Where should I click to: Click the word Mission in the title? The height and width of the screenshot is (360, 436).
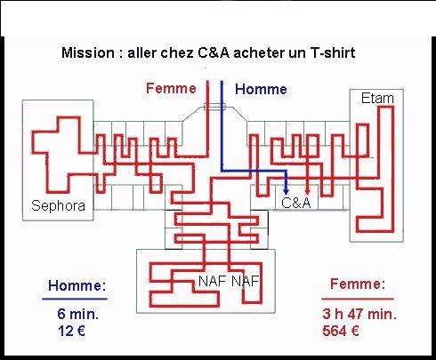pos(88,52)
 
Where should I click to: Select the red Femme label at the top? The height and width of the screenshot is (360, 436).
pos(171,88)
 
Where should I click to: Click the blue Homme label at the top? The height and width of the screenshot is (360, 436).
pos(261,89)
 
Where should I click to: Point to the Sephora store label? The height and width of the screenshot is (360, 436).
pos(58,205)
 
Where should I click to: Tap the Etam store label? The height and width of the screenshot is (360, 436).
pos(377,98)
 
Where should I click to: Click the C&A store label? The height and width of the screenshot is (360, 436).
pos(296,203)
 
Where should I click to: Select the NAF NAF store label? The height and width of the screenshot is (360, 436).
pos(229,281)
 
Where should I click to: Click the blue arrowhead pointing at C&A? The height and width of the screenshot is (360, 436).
pos(286,191)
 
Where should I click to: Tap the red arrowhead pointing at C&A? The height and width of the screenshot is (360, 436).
pos(308,191)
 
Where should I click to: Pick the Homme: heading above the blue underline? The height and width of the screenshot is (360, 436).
pos(77,285)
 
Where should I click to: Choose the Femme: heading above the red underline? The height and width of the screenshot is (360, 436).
pos(358,284)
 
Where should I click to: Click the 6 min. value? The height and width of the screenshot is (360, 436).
pos(78,314)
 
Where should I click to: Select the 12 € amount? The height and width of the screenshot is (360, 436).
pos(71,331)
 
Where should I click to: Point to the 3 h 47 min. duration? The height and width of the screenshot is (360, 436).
pos(359,314)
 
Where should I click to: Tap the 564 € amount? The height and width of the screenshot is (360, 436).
pos(341,331)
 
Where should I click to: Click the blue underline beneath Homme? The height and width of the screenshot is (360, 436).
pos(75,299)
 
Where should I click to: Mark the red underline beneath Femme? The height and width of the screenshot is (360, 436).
pos(358,299)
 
